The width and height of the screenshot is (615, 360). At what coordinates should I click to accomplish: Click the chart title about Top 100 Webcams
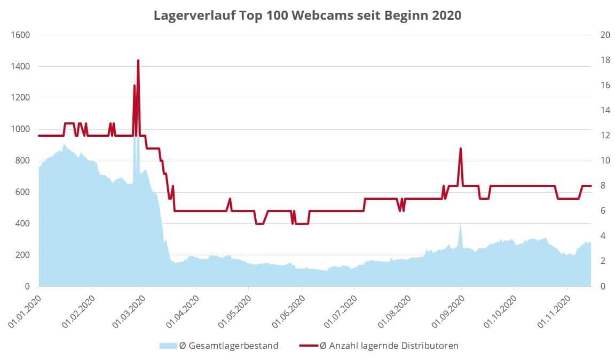click(307, 15)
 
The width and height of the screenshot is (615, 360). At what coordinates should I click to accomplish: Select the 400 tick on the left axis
click(22, 224)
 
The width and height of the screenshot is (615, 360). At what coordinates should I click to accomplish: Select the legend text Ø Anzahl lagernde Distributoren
click(389, 346)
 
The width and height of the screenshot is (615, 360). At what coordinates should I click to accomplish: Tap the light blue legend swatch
click(167, 346)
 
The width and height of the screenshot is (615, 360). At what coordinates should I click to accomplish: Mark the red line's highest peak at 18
click(138, 60)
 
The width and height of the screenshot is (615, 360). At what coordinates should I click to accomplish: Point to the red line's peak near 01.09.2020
click(460, 148)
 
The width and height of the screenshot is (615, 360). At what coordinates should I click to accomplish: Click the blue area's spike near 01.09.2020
click(460, 223)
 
